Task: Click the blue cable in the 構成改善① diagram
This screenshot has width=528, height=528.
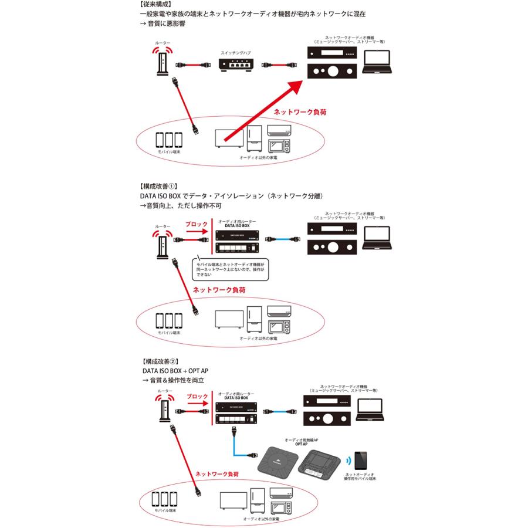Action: click(285, 239)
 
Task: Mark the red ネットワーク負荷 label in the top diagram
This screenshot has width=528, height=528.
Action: click(296, 110)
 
